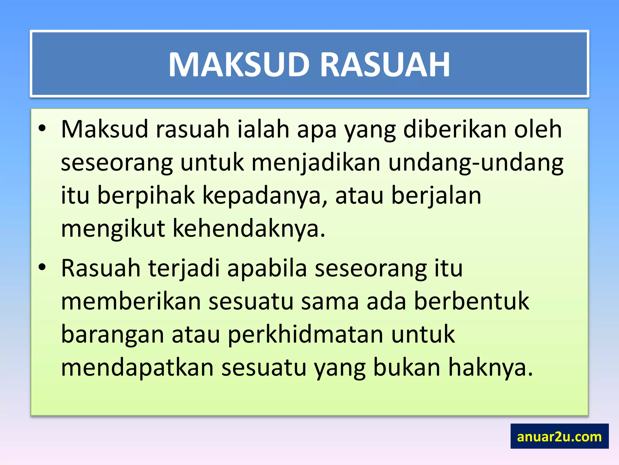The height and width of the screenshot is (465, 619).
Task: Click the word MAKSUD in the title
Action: (x=239, y=65)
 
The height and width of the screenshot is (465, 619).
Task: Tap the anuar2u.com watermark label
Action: (x=559, y=437)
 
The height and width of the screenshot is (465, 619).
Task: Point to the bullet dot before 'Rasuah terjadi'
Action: (x=42, y=267)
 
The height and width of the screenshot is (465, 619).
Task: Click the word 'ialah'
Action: (x=263, y=129)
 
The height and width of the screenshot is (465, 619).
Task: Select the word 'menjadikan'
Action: (x=316, y=163)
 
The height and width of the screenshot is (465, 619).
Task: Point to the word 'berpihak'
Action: (x=146, y=196)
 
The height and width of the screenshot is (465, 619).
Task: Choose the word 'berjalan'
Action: (x=436, y=196)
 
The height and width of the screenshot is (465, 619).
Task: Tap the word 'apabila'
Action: (x=267, y=269)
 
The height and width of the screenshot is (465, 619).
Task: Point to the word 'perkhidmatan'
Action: (x=305, y=335)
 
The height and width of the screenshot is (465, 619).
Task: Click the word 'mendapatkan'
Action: (x=138, y=368)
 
